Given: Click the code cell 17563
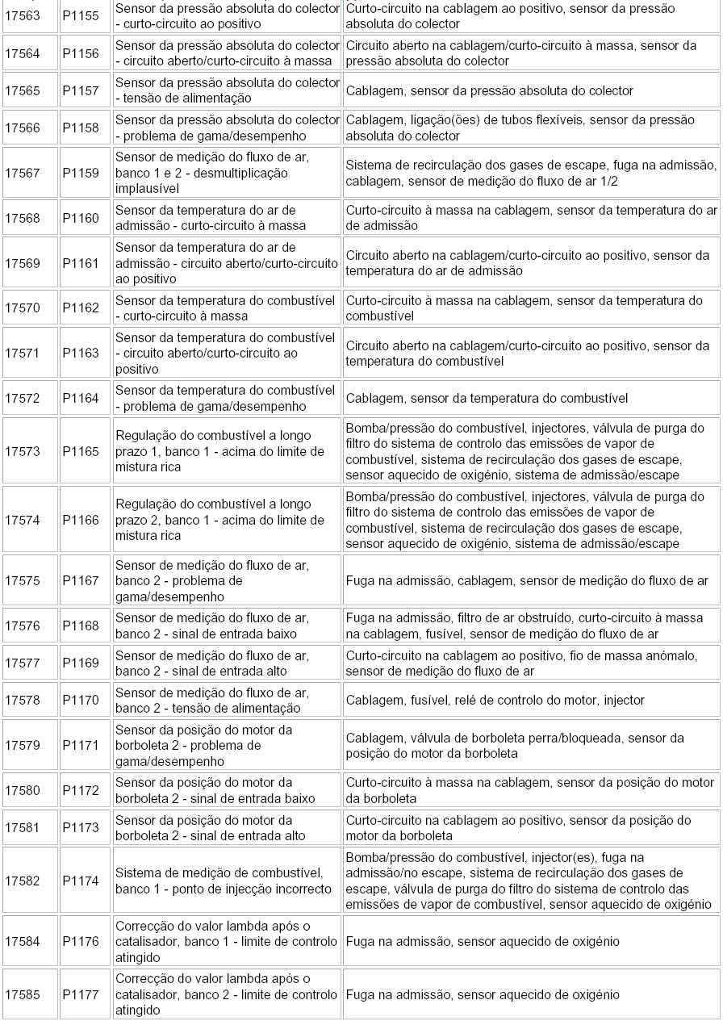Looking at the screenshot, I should coord(23,16).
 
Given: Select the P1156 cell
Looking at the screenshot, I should coord(81,53).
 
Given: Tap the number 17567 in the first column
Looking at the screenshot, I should coord(23,173).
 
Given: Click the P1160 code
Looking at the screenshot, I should coord(81,218).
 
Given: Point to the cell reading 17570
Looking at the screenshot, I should coord(23,308).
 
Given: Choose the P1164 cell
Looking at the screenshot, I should coord(81,398).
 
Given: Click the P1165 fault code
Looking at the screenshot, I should coord(81,451).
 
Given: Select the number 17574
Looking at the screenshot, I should coord(23,520).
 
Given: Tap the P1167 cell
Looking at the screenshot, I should coord(81,580).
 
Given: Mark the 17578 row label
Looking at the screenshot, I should coord(23,700).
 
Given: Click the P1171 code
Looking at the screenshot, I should coord(81,745).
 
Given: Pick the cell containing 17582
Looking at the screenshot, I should coord(23,881).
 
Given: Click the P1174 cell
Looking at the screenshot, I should coord(81,881).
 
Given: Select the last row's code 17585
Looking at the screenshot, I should coord(23,994).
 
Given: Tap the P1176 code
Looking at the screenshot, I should coord(81,941).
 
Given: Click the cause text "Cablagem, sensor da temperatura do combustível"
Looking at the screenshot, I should coord(487,398).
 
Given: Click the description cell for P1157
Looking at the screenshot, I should coord(228,90).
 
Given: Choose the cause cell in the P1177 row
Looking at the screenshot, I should coord(483,994).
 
